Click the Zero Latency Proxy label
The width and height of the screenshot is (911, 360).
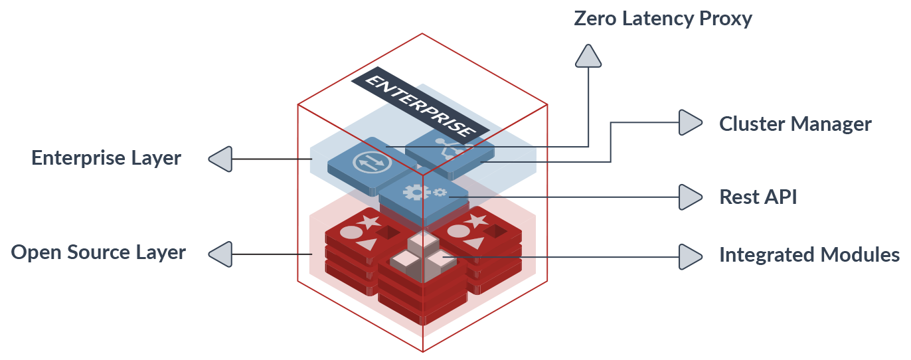pos(663,19)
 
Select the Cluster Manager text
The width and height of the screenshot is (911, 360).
pos(795,124)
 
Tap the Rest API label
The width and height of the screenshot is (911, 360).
pos(758,197)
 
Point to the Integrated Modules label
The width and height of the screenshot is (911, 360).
pos(809,255)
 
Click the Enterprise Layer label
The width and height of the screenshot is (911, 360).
pos(106,158)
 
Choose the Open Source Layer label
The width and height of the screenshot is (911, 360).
pos(98,252)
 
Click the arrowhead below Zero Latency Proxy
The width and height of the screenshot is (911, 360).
pos(588,57)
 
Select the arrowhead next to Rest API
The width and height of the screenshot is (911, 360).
pos(689,196)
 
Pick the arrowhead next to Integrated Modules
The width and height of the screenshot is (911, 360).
pos(689,256)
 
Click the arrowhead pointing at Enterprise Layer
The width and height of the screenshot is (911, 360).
pos(221,159)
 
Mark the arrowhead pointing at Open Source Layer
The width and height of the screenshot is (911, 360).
pos(221,254)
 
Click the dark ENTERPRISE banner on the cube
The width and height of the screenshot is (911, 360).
pos(420,103)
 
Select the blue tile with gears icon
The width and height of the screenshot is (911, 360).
pos(422,193)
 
